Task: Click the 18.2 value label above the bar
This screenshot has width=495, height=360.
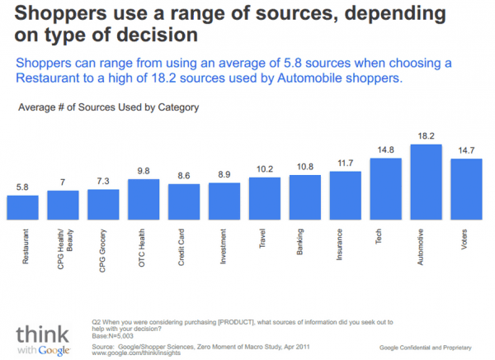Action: click(x=426, y=135)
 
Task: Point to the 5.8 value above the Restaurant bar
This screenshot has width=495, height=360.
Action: click(x=22, y=187)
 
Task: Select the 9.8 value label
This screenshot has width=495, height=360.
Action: click(x=144, y=171)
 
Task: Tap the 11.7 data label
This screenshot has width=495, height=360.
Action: click(x=345, y=163)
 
